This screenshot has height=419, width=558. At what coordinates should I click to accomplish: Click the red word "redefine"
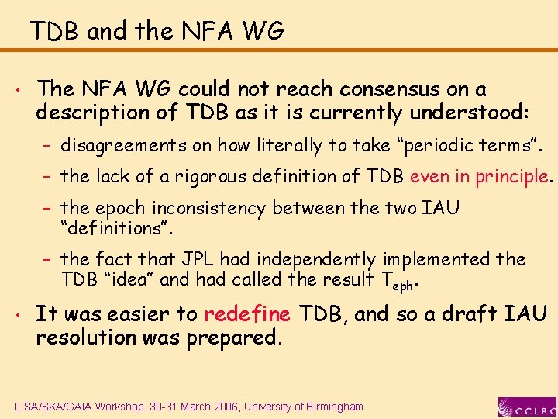pyautogui.click(x=246, y=314)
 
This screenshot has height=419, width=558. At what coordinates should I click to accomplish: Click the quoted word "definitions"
pyautogui.click(x=117, y=229)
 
